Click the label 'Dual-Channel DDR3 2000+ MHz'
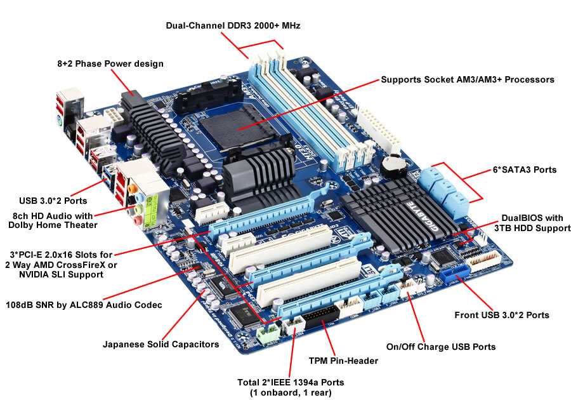233,26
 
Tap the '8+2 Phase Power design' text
110,64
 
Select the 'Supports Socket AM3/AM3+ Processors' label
468,80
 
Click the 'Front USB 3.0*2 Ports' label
502,315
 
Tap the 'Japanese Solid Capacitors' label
161,344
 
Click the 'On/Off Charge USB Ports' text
441,347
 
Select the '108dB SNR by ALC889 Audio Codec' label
84,305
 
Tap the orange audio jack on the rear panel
131,189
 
